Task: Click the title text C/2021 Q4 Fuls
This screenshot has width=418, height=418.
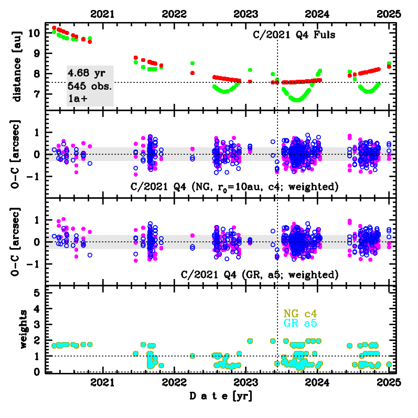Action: [293, 36]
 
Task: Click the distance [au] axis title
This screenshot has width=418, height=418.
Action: [18, 66]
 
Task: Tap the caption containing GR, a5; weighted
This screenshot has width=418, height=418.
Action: [259, 274]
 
